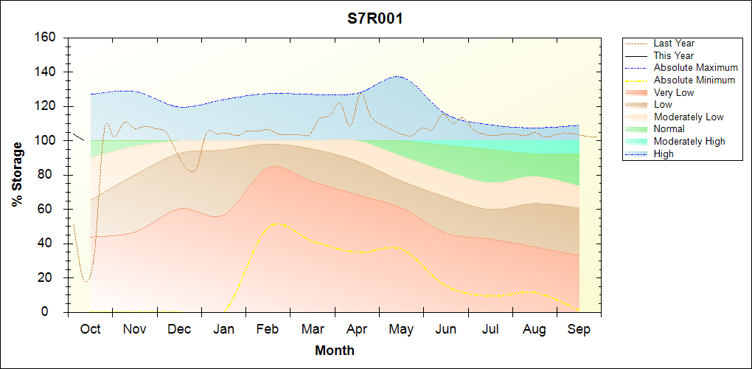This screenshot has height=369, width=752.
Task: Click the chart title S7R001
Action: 375,19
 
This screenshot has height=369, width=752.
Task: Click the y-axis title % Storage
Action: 18,174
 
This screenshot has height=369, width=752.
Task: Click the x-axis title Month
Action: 335,351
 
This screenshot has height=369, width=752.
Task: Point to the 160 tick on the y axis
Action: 49,38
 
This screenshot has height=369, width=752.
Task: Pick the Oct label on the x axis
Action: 91,329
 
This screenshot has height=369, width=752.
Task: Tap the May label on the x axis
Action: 402,329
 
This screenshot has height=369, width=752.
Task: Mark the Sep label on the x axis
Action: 579,329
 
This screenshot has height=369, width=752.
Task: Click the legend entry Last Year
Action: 674,44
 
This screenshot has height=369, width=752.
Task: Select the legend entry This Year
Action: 674,55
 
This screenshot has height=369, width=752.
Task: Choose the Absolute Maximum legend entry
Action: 695,68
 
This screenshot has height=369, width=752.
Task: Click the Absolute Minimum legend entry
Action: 694,80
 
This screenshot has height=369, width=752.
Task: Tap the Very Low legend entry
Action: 674,92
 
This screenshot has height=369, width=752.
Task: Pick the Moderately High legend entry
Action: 689,142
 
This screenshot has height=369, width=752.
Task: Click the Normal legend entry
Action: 669,129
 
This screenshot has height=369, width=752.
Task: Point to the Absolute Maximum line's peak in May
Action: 398,76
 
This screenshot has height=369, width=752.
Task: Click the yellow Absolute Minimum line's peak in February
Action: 276,223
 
